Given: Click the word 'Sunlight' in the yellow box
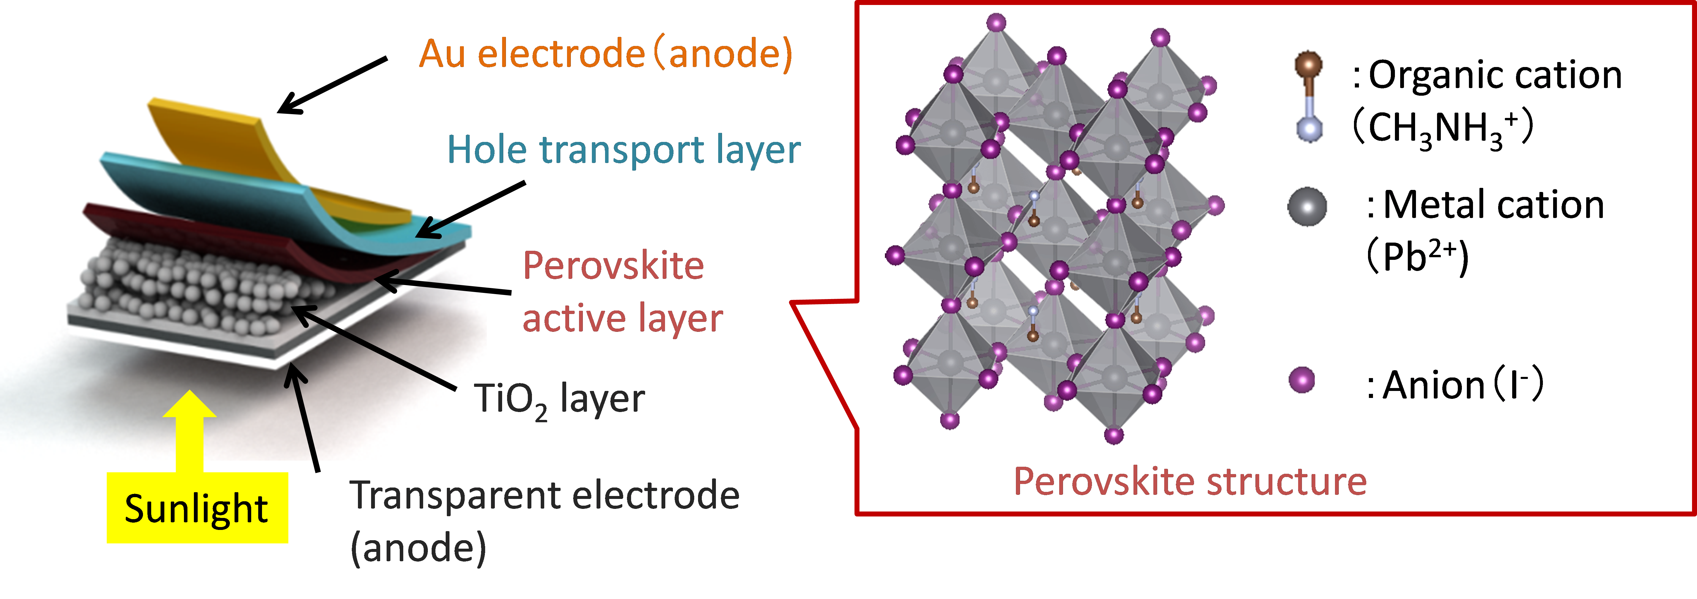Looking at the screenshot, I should [x=196, y=509].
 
